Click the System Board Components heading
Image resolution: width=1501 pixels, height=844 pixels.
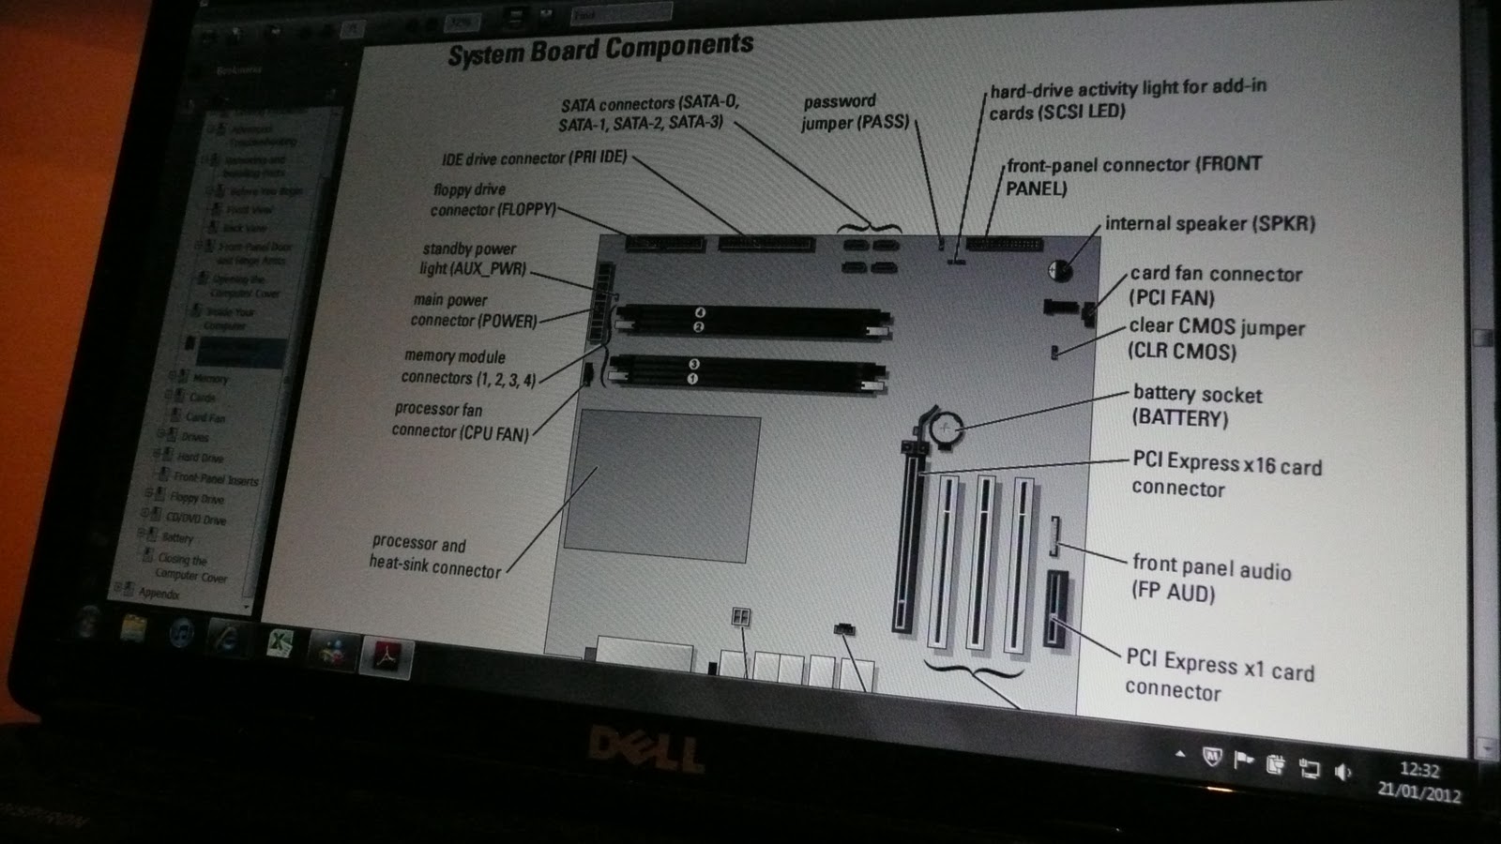point(600,50)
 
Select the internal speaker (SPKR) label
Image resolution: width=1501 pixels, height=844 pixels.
point(1209,223)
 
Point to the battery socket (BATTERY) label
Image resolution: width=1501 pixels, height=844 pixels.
point(1196,406)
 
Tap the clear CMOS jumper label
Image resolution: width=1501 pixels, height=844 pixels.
point(1216,339)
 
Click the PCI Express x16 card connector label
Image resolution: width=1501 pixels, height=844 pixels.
point(1225,475)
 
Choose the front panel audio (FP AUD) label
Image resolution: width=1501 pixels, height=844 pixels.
point(1210,578)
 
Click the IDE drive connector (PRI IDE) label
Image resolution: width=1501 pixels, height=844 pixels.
point(535,158)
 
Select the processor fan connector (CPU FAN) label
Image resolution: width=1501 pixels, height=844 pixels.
point(460,420)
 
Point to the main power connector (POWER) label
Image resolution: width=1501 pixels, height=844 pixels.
point(474,310)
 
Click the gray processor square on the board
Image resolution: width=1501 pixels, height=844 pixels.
point(661,488)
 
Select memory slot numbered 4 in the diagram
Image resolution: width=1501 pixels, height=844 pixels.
point(700,312)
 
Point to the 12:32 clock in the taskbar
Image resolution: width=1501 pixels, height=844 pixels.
point(1418,770)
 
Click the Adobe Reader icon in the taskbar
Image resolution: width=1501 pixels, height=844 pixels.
point(386,656)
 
